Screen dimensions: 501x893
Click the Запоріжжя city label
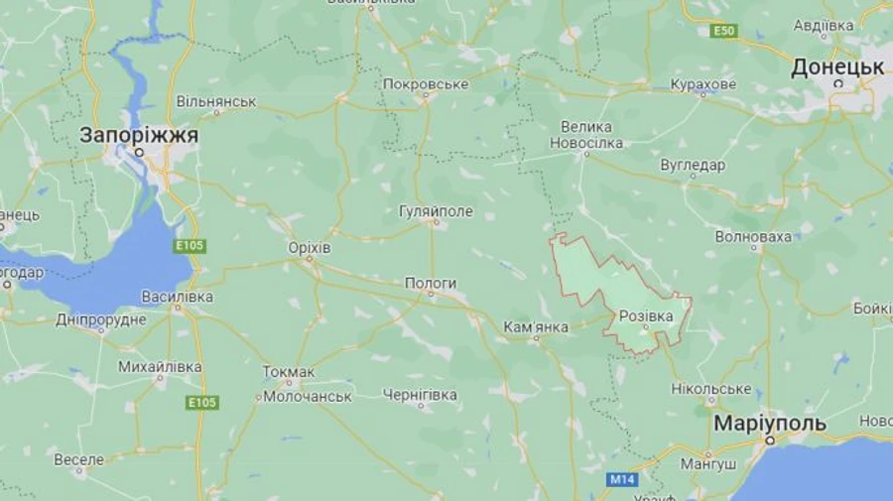(139, 134)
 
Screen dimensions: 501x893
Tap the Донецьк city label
(837, 68)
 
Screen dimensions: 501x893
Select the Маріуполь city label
(769, 424)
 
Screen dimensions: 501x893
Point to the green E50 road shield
(724, 32)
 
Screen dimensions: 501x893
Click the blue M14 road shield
(621, 480)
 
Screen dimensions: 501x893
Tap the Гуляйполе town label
(436, 211)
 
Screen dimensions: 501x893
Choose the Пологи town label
(431, 284)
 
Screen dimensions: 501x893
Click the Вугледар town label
(692, 165)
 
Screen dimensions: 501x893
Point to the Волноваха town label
(753, 236)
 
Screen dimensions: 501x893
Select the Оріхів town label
(308, 247)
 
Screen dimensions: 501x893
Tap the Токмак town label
(289, 372)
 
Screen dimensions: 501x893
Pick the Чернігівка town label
(420, 395)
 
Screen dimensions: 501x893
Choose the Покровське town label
(425, 84)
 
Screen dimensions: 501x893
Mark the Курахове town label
(702, 84)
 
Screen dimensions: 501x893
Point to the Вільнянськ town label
(216, 101)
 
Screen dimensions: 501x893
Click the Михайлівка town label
(160, 367)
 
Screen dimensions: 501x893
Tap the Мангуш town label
(708, 463)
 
